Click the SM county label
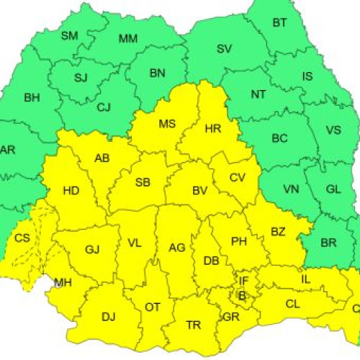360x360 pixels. [69, 35]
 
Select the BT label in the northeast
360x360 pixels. [279, 23]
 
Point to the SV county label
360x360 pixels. [224, 49]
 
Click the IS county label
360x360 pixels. [307, 76]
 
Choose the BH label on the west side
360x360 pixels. [32, 97]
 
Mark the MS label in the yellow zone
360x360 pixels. [167, 124]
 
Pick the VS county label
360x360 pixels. [333, 130]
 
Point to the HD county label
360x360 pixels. [71, 191]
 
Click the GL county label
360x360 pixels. [333, 189]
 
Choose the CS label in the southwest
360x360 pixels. [22, 238]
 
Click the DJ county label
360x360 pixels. [108, 316]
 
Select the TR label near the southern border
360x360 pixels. [193, 325]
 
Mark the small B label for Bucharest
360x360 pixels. [241, 295]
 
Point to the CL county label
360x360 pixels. [292, 304]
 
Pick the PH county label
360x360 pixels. [239, 242]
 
